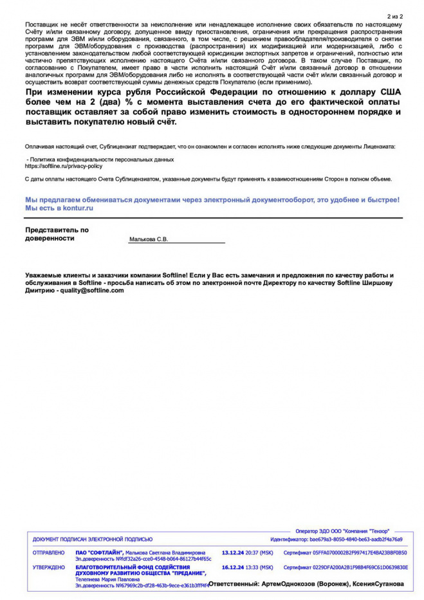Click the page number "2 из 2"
point(395,16)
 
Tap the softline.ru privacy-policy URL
point(63,165)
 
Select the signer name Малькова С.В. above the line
point(149,239)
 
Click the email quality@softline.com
point(91,290)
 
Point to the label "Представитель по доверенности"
point(57,233)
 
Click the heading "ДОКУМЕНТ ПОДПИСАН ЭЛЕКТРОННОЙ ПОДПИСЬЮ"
point(93,539)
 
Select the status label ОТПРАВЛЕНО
point(48,552)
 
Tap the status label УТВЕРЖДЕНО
point(48,567)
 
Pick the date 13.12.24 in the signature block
point(233,552)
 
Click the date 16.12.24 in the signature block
point(233,567)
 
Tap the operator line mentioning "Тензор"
point(342,530)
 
